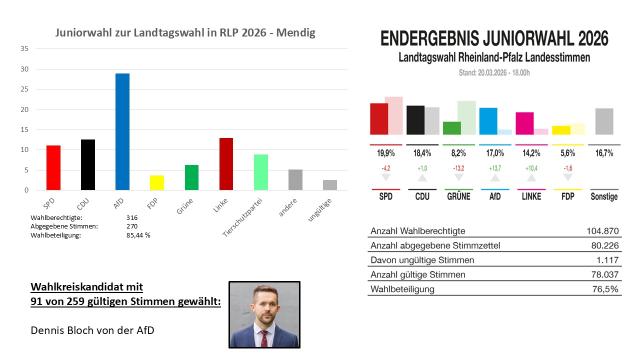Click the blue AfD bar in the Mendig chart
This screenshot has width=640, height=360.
pyautogui.click(x=122, y=132)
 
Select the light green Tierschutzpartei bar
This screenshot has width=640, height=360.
pyautogui.click(x=260, y=172)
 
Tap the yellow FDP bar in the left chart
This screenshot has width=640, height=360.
pyautogui.click(x=157, y=182)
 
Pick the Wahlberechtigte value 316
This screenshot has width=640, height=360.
pyautogui.click(x=132, y=218)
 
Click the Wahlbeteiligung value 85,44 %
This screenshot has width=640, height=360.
pyautogui.click(x=138, y=235)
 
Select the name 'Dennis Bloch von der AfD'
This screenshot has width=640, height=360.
pyautogui.click(x=92, y=330)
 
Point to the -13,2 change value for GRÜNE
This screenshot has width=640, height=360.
pyautogui.click(x=458, y=168)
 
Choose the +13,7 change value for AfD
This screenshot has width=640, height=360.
pyautogui.click(x=494, y=168)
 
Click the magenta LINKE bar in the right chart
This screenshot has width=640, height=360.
pyautogui.click(x=524, y=123)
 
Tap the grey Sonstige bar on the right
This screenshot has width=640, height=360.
pyautogui.click(x=604, y=121)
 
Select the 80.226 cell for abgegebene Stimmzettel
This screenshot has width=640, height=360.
pyautogui.click(x=605, y=245)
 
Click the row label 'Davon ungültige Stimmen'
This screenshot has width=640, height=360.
pyautogui.click(x=422, y=260)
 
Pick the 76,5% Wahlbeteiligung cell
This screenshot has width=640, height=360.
pyautogui.click(x=607, y=289)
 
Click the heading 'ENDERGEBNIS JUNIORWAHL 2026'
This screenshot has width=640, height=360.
pyautogui.click(x=494, y=39)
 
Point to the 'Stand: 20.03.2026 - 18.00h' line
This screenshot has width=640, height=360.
pyautogui.click(x=494, y=73)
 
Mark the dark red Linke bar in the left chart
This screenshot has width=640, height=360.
pyautogui.click(x=226, y=164)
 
